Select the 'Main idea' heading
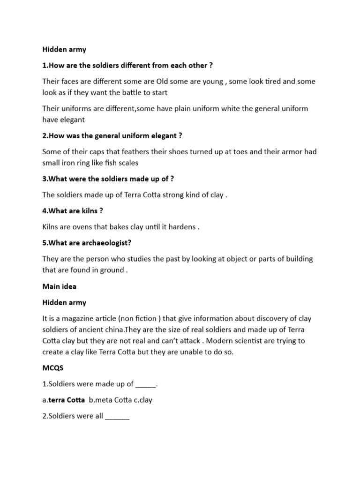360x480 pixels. (x=59, y=286)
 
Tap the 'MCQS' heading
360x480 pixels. (x=52, y=368)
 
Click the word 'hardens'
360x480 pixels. (x=181, y=227)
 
